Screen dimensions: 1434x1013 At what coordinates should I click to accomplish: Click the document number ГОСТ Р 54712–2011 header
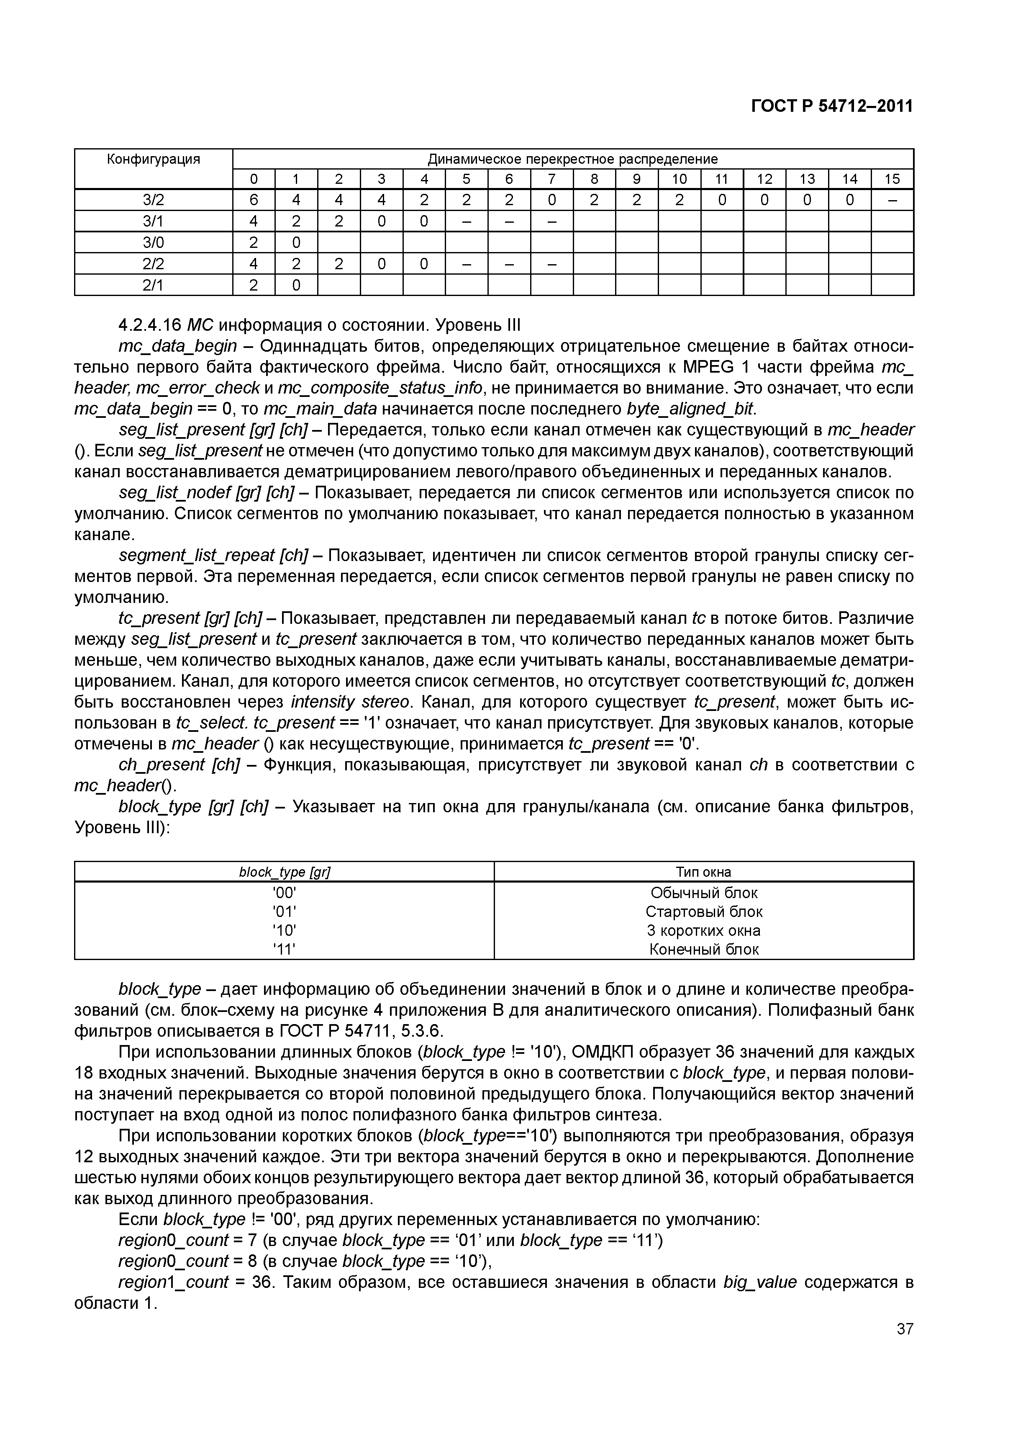click(831, 106)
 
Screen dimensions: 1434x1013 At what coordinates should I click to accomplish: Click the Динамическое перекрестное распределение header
click(572, 159)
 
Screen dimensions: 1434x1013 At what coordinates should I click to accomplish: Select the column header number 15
click(892, 179)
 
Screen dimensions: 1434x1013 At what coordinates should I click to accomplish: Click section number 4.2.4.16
click(149, 325)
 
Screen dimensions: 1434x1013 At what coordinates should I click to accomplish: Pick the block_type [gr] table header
click(284, 872)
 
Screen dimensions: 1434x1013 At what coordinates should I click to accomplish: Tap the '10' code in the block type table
click(284, 931)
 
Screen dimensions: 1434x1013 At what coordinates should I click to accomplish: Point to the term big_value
click(759, 1282)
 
